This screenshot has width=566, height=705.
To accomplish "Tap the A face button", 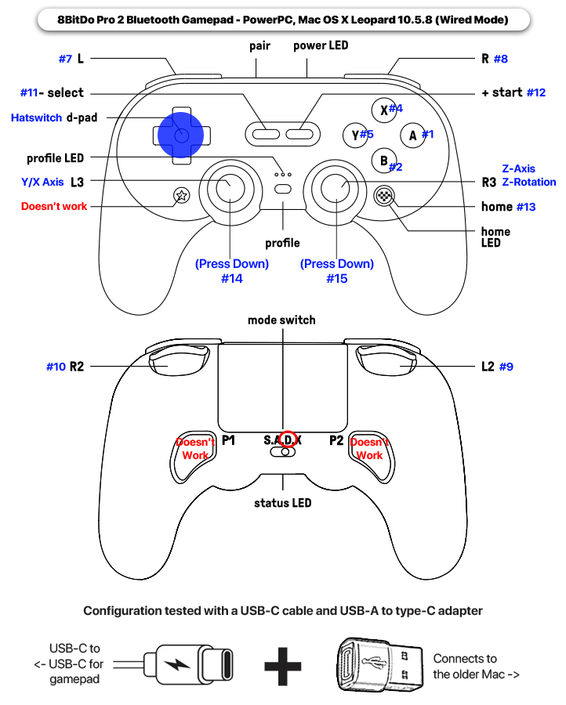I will click(x=412, y=135).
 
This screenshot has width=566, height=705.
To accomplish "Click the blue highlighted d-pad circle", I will click(x=180, y=135).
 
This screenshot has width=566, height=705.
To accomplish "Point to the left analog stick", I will click(x=227, y=186).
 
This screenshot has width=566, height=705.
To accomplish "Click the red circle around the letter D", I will click(x=289, y=440).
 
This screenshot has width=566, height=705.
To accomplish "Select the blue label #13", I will click(x=526, y=207).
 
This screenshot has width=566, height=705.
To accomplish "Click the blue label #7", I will click(x=65, y=59).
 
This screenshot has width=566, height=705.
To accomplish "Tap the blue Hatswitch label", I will click(x=36, y=118).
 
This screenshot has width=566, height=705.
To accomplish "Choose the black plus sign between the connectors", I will click(x=283, y=667).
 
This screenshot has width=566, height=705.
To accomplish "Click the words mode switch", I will click(x=281, y=320).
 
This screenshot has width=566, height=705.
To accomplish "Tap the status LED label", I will click(x=282, y=503).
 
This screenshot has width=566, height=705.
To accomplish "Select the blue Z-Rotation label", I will click(x=529, y=183).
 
